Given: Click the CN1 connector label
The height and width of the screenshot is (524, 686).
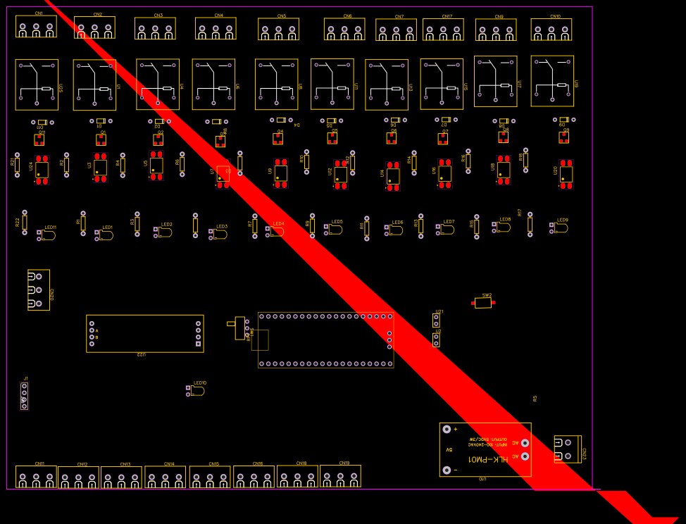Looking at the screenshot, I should (39, 13).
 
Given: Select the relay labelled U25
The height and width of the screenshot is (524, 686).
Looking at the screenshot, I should (37, 85).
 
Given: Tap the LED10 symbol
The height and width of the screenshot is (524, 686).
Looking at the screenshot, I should (197, 390).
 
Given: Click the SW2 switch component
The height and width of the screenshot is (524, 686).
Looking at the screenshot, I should (482, 303).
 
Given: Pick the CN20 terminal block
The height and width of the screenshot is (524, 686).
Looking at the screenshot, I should (38, 290).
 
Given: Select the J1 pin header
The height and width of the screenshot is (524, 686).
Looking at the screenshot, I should (24, 396).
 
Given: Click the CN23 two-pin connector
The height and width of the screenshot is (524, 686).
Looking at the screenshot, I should (567, 449).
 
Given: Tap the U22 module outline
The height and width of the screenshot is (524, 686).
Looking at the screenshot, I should (144, 333).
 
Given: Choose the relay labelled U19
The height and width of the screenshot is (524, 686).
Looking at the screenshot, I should (552, 81).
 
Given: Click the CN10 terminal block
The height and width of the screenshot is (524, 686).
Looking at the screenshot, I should (551, 30).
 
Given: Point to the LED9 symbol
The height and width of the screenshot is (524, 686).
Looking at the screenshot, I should (561, 227).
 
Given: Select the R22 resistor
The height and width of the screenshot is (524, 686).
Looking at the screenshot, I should (25, 222).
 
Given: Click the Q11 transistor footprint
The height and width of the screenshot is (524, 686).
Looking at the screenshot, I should (39, 139).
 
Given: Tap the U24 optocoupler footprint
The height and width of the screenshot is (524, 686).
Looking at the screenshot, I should (42, 170).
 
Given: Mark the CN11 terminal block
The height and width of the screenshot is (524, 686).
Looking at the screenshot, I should (36, 477).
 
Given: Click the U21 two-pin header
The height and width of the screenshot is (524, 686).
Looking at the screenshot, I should (436, 320).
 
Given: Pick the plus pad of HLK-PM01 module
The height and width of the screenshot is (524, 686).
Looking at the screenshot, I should (446, 429).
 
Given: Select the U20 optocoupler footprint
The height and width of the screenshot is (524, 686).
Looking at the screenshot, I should (566, 174).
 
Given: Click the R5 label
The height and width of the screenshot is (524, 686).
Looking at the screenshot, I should (535, 399).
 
